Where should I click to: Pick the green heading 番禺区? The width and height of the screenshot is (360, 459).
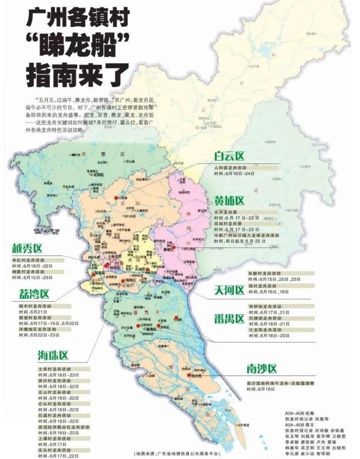(x=230, y=319)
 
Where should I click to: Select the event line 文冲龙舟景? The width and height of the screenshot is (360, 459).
(x=228, y=212)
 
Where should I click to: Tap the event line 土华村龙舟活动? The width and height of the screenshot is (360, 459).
(x=56, y=369)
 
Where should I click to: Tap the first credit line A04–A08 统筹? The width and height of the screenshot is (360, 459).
(x=300, y=414)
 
